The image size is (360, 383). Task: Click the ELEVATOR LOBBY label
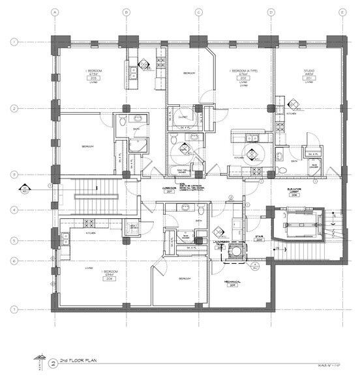[x=297, y=190]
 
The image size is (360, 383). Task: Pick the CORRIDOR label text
[x=171, y=189]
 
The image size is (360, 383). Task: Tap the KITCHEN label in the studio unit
[x=290, y=122]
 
